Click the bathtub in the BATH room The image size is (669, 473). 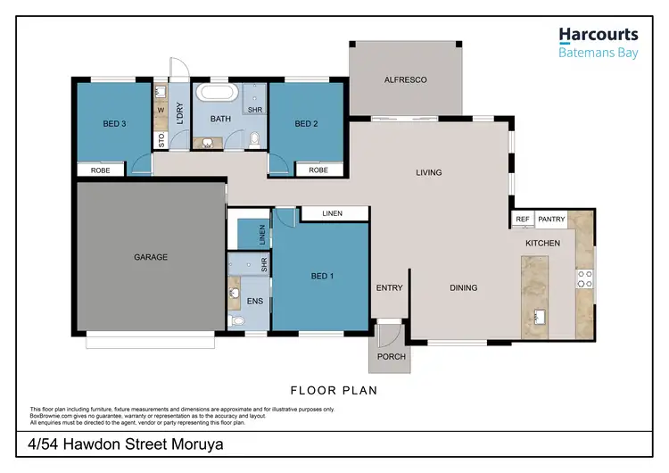coord(218,95)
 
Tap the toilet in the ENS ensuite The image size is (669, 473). coord(235,320)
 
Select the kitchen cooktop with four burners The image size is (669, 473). coord(584,278)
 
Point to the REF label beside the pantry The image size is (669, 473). coord(523,218)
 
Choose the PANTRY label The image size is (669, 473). coord(550,218)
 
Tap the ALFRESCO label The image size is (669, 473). coord(405,79)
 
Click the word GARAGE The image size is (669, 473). coord(151,257)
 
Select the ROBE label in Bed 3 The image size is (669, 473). coord(99,170)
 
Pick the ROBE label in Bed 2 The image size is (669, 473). coord(318,170)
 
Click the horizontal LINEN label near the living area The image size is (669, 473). coord(334,213)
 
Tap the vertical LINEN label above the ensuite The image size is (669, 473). coord(262,235)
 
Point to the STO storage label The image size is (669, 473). coord(161,140)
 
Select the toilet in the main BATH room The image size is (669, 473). coord(255,138)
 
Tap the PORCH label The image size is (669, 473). coord(392,356)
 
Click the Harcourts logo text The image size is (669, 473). coord(599,35)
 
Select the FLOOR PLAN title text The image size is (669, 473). coord(334,390)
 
